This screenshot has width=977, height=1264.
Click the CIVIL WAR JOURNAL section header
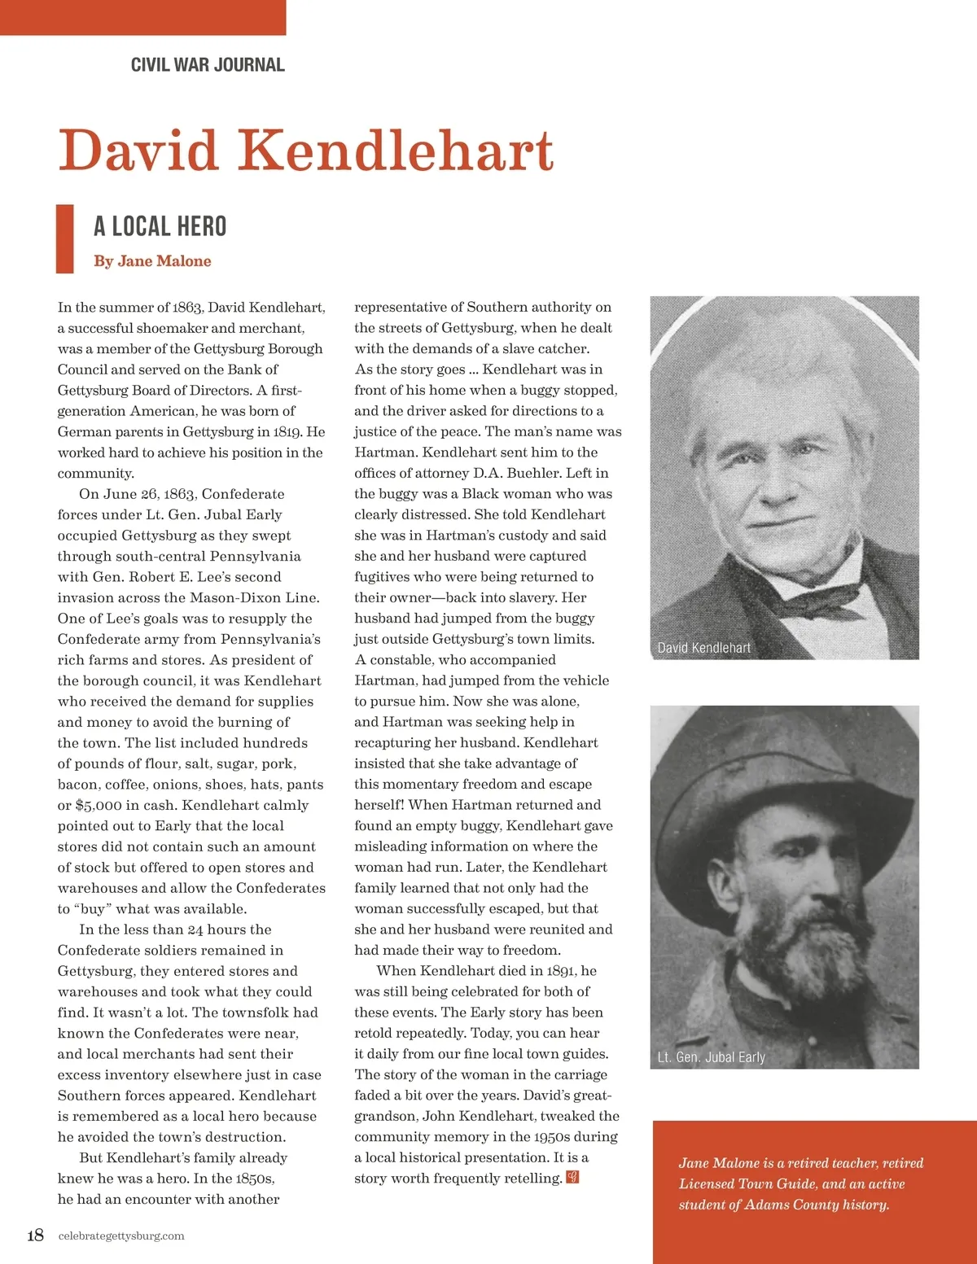pos(208,65)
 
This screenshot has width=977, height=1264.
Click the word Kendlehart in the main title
pos(396,151)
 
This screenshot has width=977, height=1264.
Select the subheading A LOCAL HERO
pos(160,226)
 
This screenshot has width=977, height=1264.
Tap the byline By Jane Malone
pos(152,261)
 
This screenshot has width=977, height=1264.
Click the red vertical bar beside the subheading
pos(64,238)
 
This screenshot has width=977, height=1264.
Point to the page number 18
pos(35,1236)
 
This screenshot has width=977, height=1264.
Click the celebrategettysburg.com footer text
pos(121,1236)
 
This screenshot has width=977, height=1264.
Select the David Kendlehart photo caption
pos(703,648)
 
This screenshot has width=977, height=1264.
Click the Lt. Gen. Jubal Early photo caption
pos(711,1057)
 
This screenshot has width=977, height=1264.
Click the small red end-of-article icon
pos(572,1177)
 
